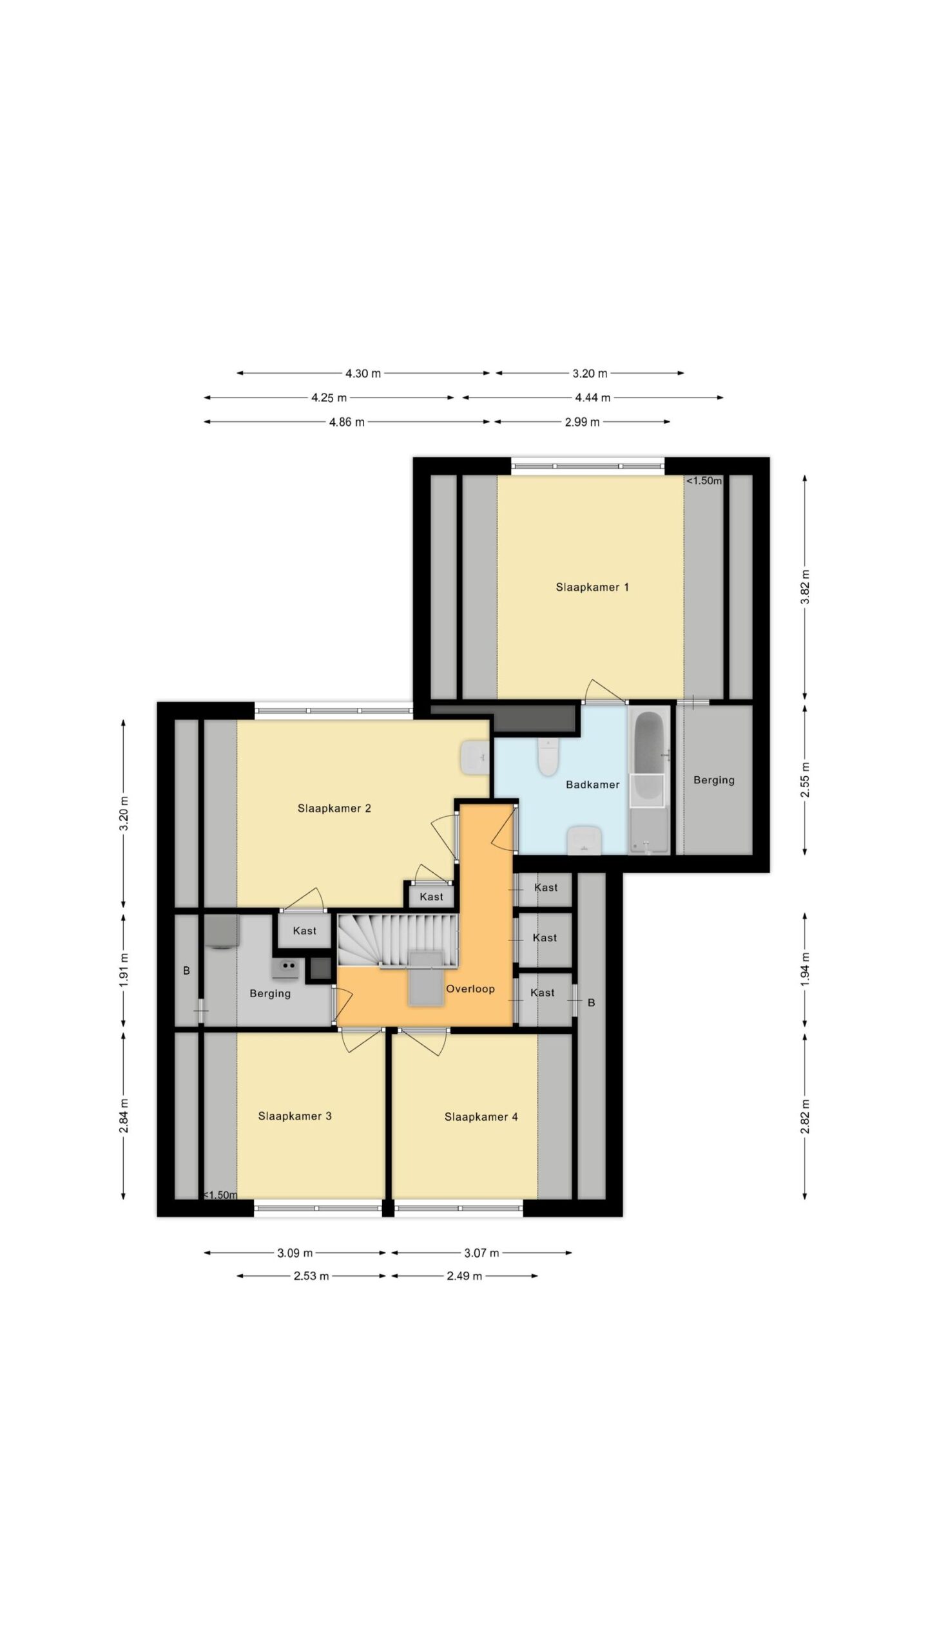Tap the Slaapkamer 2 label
(x=334, y=808)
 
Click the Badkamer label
(x=592, y=784)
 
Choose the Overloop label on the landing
(x=470, y=988)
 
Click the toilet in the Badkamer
(x=547, y=756)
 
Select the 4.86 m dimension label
(x=347, y=422)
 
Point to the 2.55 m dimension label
(x=804, y=780)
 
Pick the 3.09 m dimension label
(x=295, y=1253)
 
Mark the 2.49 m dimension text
(x=464, y=1275)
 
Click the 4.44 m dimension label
(x=592, y=397)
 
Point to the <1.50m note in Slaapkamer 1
(x=704, y=480)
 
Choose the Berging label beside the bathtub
(x=713, y=779)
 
